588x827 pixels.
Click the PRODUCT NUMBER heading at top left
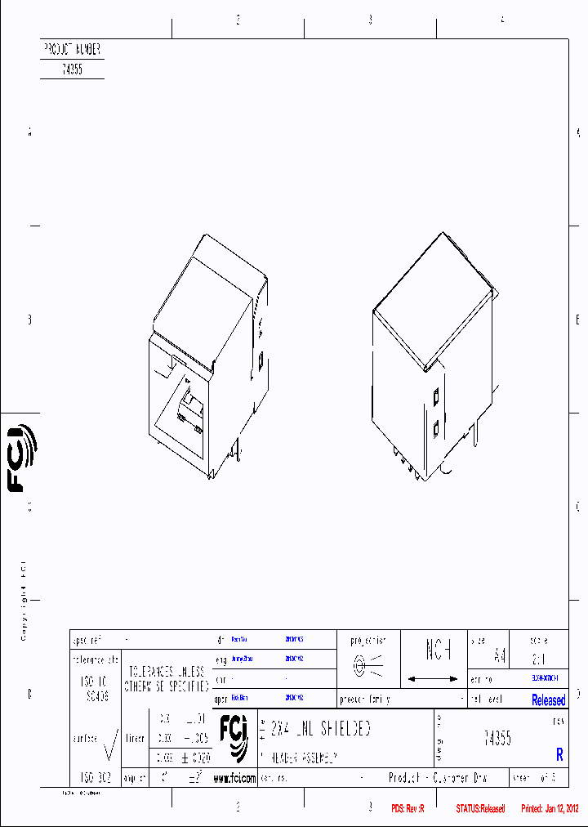point(72,49)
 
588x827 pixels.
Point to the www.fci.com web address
point(234,779)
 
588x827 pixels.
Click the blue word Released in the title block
point(548,700)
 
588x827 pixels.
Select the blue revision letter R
point(559,755)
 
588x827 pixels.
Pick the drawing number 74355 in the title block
point(497,738)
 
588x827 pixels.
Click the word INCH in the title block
point(439,651)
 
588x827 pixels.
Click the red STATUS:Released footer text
point(480,809)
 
